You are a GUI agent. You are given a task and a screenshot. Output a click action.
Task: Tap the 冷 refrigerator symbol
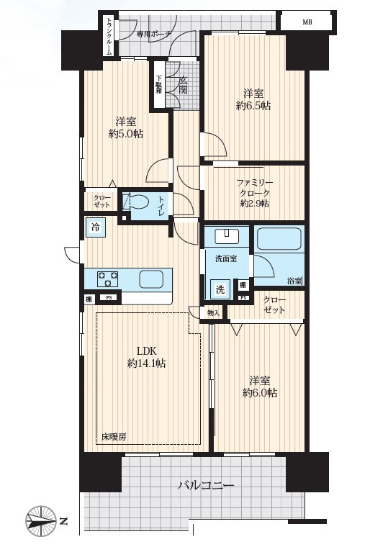(x=95, y=227)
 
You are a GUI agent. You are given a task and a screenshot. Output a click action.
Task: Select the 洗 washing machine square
(x=220, y=289)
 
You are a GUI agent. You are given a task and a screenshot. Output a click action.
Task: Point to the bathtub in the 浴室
(x=279, y=239)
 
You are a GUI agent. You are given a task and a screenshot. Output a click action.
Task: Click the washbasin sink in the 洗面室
(x=227, y=236)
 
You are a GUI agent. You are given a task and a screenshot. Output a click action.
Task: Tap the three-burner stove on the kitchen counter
(x=107, y=279)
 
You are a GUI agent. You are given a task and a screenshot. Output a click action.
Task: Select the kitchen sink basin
(x=150, y=279)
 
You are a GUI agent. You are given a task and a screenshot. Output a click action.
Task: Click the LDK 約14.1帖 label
(x=147, y=357)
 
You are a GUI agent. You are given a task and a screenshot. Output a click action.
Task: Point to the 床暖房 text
(x=114, y=436)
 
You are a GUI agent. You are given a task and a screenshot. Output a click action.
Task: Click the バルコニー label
(x=206, y=485)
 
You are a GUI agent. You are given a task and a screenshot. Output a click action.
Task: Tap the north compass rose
(x=41, y=522)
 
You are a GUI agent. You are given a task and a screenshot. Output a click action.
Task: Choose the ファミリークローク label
(x=255, y=193)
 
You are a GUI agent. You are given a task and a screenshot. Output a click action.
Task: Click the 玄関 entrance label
(x=184, y=85)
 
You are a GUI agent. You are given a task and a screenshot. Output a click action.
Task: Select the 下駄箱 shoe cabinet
(x=159, y=84)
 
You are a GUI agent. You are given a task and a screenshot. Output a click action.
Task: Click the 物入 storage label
(x=213, y=313)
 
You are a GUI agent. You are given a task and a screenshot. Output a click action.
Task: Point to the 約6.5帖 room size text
(x=253, y=105)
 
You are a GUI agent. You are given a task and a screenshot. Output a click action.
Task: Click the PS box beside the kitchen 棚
(x=109, y=298)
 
